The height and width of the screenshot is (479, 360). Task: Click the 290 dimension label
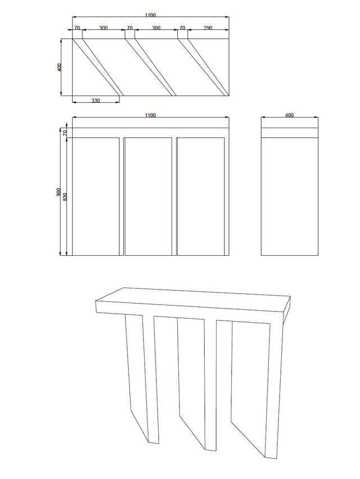click(208, 28)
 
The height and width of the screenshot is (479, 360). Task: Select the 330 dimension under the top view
click(96, 100)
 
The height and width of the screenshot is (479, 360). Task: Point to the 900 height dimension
click(58, 192)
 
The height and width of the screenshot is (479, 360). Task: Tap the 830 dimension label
click(65, 196)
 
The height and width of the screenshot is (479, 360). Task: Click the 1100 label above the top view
click(150, 15)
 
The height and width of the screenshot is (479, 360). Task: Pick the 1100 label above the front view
click(150, 115)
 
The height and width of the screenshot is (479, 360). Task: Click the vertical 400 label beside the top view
click(59, 67)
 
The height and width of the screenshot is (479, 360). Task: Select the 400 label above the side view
click(289, 115)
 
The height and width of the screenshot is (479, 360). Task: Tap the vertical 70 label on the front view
click(65, 133)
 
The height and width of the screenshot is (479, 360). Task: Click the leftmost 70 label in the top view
click(77, 28)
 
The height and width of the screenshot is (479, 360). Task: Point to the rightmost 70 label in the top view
click(182, 28)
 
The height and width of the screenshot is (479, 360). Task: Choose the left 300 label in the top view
click(103, 28)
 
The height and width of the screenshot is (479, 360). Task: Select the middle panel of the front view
click(148, 196)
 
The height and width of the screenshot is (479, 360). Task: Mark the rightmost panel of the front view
click(201, 196)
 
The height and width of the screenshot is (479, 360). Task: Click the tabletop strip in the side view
click(289, 133)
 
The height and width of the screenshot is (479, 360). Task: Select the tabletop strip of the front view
click(151, 133)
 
